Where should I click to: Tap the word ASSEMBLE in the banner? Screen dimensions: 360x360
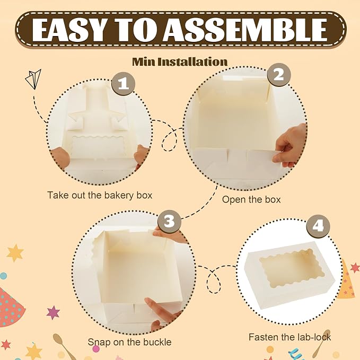245,30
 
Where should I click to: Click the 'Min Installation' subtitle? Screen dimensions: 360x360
180,62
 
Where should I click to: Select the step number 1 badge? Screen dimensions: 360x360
124,83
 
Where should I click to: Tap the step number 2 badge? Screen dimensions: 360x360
279,75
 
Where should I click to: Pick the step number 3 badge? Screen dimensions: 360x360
170,221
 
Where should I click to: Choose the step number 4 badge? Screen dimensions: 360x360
318,226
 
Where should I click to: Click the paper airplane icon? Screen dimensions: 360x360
33,78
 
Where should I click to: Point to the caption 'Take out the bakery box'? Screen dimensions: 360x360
100,195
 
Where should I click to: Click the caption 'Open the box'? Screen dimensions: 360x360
251,199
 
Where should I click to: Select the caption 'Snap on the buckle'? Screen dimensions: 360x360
130,342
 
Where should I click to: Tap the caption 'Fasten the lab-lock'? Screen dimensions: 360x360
289,337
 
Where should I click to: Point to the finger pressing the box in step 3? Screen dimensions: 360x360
159,310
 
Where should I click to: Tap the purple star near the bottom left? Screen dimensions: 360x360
53,312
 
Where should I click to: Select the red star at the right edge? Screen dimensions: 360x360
355,268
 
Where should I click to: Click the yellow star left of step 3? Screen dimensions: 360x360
15,253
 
